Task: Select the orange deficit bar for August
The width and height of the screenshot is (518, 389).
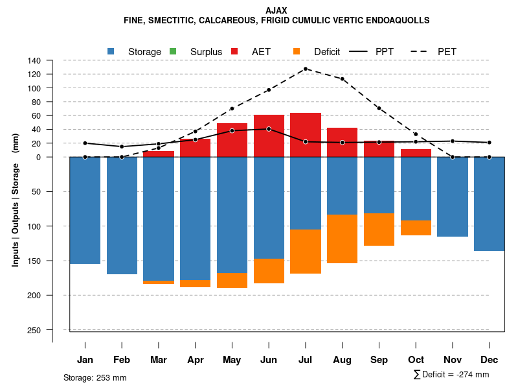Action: [343, 239]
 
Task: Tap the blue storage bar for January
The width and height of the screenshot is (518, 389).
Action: [85, 210]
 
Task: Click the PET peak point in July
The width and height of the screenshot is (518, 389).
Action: [306, 69]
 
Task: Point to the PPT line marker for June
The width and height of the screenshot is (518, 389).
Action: [269, 129]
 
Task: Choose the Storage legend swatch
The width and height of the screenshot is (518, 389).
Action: [111, 51]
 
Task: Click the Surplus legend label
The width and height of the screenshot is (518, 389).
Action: [206, 51]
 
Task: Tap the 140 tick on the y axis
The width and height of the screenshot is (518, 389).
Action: [34, 60]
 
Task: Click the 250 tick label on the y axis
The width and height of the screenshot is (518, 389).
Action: [34, 330]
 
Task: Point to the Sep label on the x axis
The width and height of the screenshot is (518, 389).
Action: [379, 360]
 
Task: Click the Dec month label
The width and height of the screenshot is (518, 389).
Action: [490, 360]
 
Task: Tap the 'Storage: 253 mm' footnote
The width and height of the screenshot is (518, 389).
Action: [95, 377]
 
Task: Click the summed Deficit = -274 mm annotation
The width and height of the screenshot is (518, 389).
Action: [451, 375]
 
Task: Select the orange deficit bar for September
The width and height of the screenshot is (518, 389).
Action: [379, 230]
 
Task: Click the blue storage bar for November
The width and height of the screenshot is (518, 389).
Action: [453, 196]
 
